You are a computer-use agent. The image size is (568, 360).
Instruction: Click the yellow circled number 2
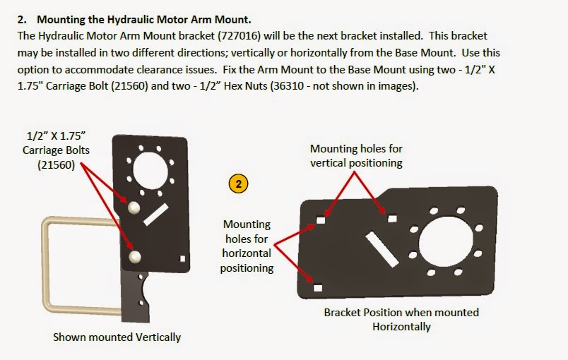pyautogui.click(x=239, y=184)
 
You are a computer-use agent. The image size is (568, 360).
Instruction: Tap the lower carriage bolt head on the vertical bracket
pyautogui.click(x=136, y=256)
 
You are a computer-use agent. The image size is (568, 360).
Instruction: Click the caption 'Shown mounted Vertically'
pyautogui.click(x=117, y=337)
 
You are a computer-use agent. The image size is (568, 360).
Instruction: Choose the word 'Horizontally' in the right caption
pyautogui.click(x=401, y=327)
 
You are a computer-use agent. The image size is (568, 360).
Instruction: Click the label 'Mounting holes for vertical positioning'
pyautogui.click(x=356, y=156)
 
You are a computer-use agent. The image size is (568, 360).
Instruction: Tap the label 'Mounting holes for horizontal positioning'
pyautogui.click(x=247, y=246)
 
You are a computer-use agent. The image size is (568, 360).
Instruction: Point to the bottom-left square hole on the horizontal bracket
pyautogui.click(x=317, y=287)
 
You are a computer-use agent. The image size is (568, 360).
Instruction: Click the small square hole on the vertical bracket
pyautogui.click(x=183, y=258)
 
